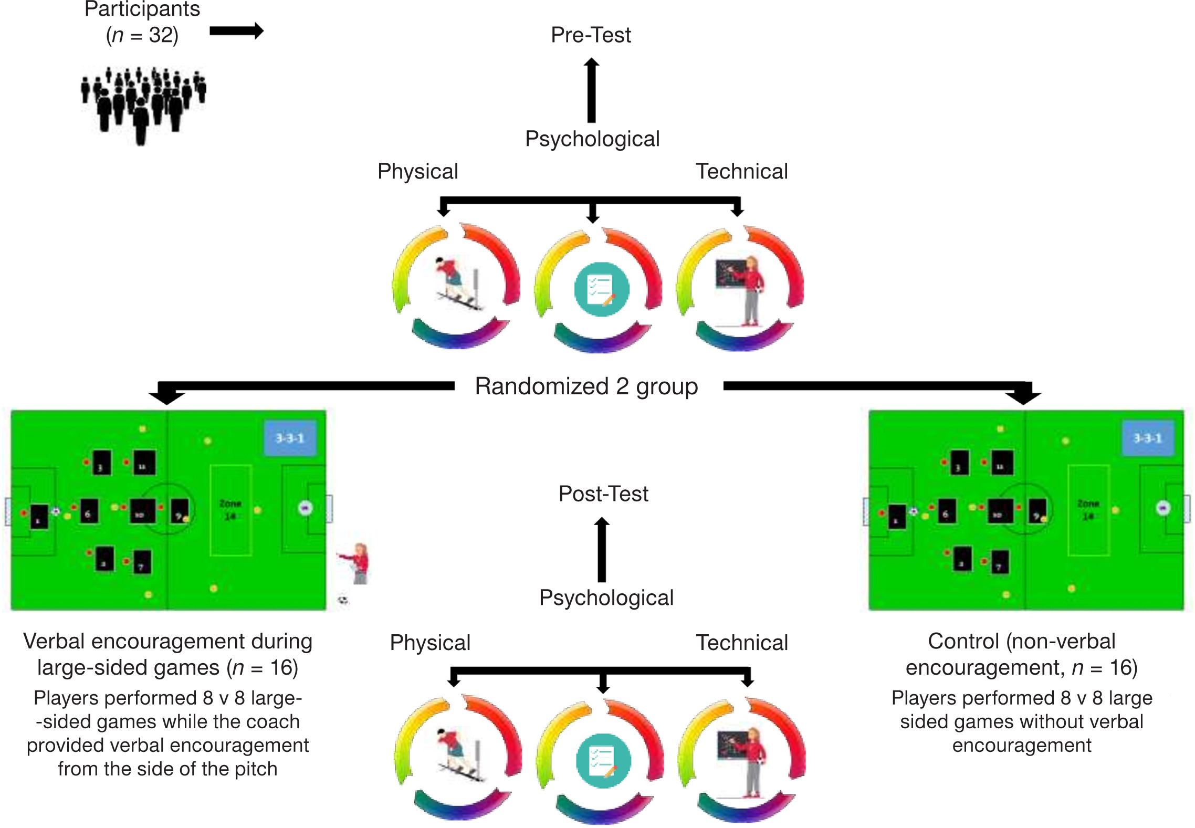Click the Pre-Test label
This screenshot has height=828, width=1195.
tap(591, 35)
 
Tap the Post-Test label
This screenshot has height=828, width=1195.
tap(603, 494)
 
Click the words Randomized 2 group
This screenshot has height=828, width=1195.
tap(586, 386)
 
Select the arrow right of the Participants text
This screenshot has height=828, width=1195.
tap(236, 31)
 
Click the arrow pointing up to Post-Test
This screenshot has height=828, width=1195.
tap(602, 549)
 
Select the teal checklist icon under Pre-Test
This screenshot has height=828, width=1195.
tap(601, 289)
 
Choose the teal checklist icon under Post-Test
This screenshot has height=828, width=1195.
tap(603, 761)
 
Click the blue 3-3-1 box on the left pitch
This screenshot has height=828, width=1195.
tap(290, 438)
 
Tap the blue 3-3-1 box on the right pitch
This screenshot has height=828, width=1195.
tap(1148, 438)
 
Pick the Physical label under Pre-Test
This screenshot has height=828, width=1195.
tap(418, 172)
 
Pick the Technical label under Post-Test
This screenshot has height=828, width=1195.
tap(742, 643)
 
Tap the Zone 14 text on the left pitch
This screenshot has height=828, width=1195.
tap(230, 510)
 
